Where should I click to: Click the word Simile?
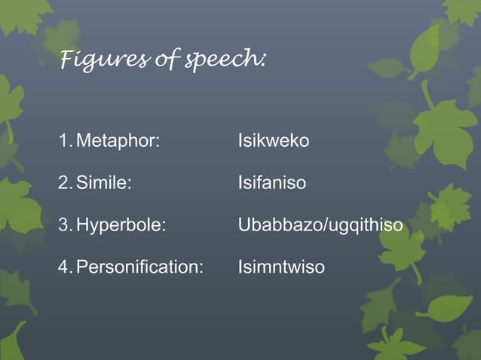pyautogui.click(x=102, y=183)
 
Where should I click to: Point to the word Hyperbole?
pyautogui.click(x=119, y=225)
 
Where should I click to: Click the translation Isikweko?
pyautogui.click(x=273, y=141)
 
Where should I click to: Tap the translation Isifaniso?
pyautogui.click(x=271, y=183)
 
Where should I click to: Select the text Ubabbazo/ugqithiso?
pyautogui.click(x=320, y=225)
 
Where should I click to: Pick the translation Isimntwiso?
pyautogui.click(x=281, y=267)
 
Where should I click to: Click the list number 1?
pyautogui.click(x=63, y=141)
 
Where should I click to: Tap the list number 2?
pyautogui.click(x=63, y=183)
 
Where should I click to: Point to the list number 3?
pyautogui.click(x=63, y=225)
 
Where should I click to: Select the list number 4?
pyautogui.click(x=63, y=267)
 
